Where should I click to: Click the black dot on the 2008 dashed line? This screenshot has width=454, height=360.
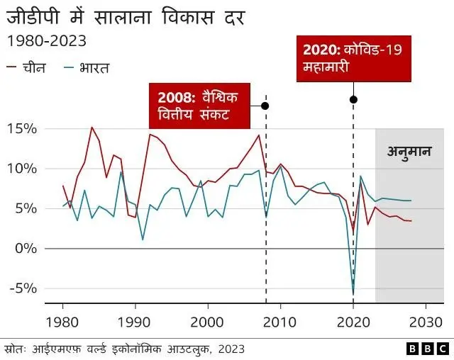(265, 106)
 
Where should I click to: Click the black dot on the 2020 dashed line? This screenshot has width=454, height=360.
(353, 99)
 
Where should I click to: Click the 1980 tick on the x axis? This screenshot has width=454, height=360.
(63, 320)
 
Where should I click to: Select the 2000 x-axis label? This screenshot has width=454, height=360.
(208, 320)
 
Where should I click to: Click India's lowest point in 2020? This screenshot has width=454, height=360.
(353, 294)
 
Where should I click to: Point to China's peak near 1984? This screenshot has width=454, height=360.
(92, 128)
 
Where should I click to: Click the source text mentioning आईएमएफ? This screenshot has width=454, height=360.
(124, 349)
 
